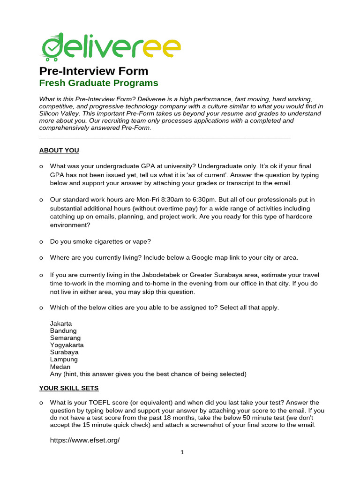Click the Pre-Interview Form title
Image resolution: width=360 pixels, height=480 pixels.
point(93,71)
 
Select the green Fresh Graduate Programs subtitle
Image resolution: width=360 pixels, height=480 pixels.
point(98,83)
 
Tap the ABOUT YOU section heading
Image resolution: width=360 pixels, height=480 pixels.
point(59,150)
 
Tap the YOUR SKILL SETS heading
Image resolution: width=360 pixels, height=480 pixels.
point(69,388)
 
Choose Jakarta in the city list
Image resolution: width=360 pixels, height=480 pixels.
point(61,323)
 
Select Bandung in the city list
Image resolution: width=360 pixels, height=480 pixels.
point(63,330)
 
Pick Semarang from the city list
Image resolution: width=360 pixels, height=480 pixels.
point(65,337)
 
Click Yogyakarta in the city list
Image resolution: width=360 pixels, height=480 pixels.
point(67,345)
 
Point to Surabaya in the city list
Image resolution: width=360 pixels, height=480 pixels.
point(64,352)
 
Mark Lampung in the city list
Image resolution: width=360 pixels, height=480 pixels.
point(64,359)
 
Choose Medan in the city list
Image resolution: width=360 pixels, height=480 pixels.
point(60,367)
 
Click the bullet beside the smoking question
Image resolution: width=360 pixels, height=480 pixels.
point(41,242)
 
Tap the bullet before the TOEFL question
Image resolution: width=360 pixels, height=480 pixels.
point(41,403)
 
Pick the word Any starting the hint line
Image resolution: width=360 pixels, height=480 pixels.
point(55,374)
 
